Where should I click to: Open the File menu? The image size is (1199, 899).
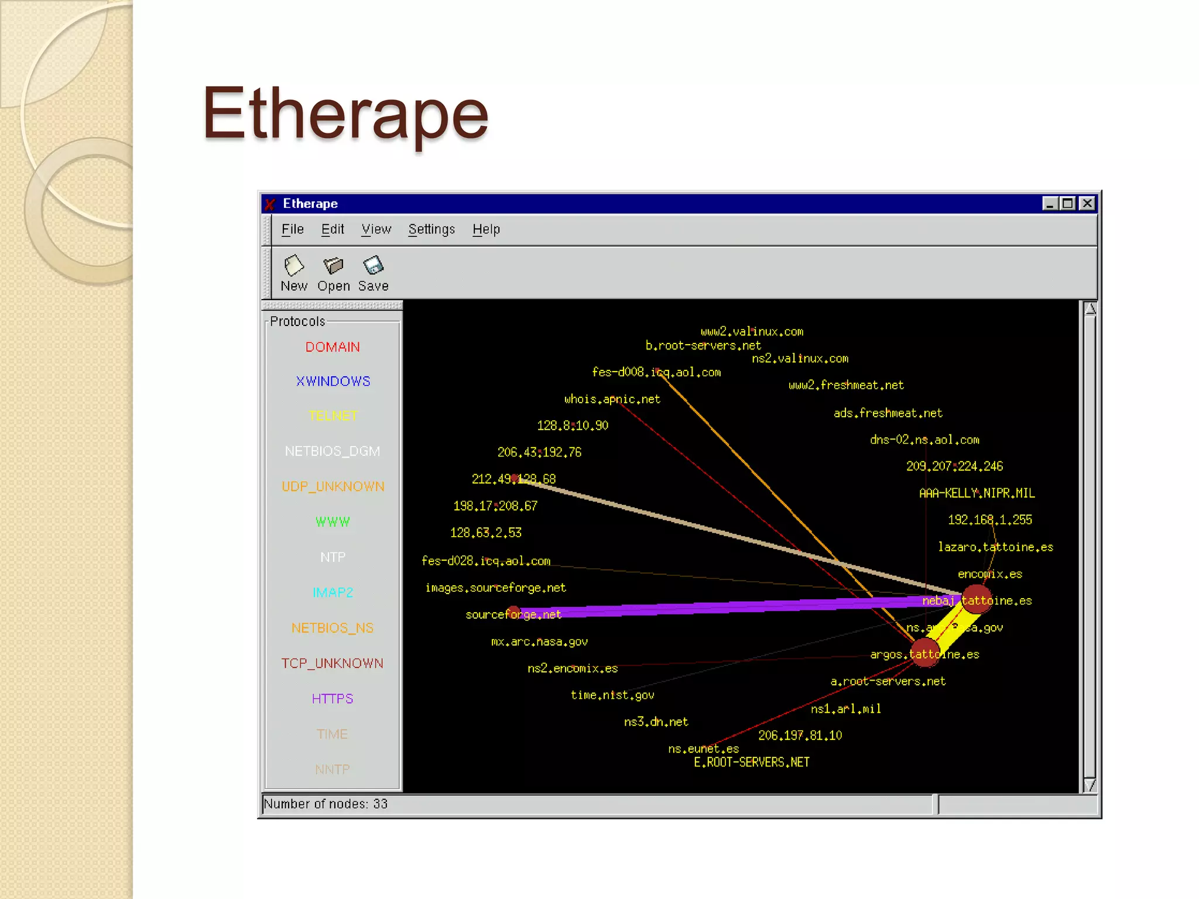tap(292, 229)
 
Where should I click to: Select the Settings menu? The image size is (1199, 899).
tap(431, 229)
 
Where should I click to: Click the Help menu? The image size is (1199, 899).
tap(486, 229)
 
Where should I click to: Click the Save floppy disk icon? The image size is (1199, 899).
tap(373, 266)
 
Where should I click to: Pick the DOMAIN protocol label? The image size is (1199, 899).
tap(333, 347)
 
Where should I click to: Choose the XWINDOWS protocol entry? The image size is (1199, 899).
tap(333, 382)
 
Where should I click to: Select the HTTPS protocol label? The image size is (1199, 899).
tap(333, 699)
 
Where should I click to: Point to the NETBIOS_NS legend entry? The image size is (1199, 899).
tap(333, 628)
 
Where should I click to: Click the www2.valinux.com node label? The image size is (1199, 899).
tap(752, 332)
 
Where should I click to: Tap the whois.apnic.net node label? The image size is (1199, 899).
tap(612, 399)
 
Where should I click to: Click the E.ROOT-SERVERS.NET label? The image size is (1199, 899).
tap(752, 763)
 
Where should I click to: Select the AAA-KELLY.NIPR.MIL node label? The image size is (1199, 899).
tap(977, 493)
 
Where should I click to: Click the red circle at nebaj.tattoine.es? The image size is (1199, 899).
tap(977, 599)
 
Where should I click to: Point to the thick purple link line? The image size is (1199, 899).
tap(732, 607)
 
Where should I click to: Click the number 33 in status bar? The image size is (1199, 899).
tap(381, 804)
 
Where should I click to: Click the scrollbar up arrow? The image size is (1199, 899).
tap(1090, 309)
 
